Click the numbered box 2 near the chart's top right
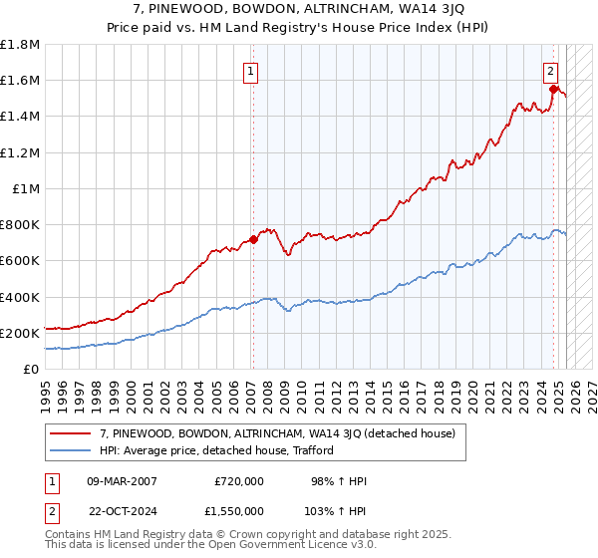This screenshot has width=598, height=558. click(550, 71)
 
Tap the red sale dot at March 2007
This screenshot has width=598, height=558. click(253, 239)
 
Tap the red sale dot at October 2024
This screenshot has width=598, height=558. click(554, 89)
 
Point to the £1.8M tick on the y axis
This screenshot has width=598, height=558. click(20, 45)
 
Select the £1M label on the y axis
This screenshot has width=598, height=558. click(25, 188)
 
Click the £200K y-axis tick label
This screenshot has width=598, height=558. click(20, 333)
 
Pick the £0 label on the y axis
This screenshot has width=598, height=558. click(32, 369)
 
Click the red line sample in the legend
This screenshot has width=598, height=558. click(70, 433)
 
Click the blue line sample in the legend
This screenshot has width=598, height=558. click(70, 450)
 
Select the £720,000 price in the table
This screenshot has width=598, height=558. click(238, 481)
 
